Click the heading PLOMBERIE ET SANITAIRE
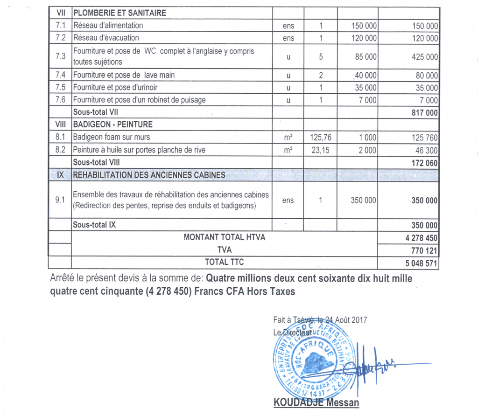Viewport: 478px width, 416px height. pos(119,13)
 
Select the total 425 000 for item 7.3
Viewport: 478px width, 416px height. pos(425,57)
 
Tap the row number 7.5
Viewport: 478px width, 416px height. pos(60,88)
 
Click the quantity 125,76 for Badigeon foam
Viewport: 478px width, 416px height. pos(321,138)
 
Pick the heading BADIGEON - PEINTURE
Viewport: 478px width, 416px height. pos(112,125)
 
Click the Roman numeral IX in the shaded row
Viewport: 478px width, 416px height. pos(60,175)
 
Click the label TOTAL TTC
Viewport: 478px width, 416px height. pos(224,262)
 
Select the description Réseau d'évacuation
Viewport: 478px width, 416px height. pos(106,38)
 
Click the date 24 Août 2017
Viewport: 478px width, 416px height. pos(345,320)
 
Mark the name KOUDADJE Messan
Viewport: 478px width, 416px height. pos(316,403)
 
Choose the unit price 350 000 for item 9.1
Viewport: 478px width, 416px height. pos(364,201)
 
